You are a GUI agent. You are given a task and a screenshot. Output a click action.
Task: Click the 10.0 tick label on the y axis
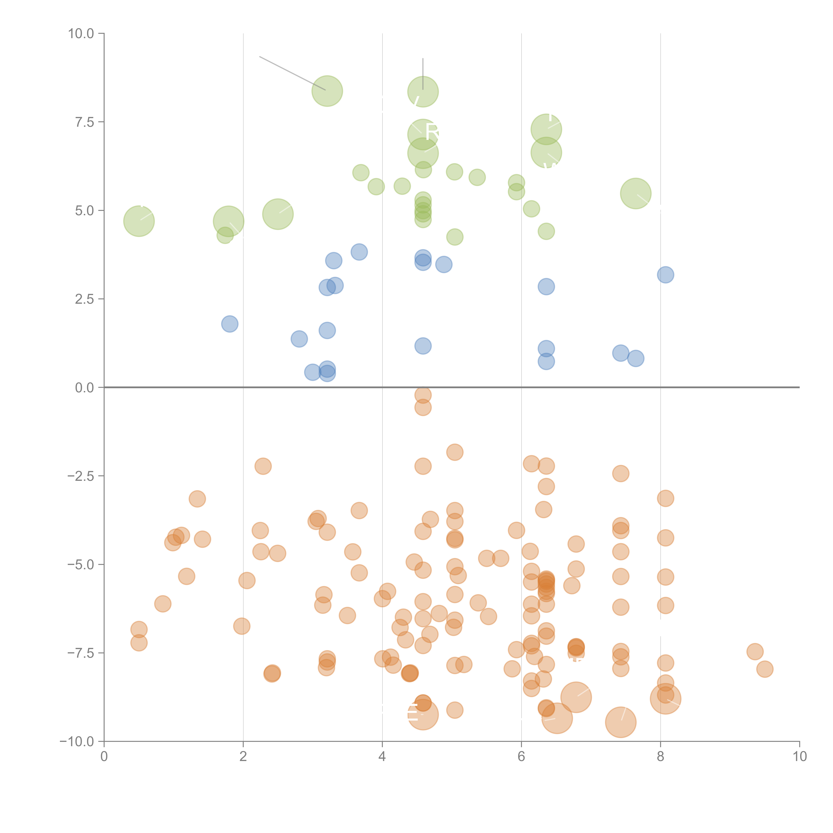point(81,34)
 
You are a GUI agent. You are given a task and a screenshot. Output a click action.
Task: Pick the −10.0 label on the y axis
point(78,742)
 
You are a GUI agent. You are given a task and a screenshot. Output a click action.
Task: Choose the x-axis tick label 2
point(243,757)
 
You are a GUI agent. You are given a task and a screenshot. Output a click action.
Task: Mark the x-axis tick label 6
point(521,757)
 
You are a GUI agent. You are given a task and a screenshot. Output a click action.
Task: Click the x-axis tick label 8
point(661,757)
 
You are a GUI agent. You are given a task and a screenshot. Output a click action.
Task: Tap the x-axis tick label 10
point(799,757)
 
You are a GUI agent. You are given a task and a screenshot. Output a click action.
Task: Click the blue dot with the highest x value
point(665,275)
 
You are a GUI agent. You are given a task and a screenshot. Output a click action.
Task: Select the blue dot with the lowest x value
point(230,324)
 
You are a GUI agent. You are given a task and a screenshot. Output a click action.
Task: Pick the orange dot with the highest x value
point(765,669)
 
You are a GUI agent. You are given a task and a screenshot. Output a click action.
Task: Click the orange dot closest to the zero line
point(423,395)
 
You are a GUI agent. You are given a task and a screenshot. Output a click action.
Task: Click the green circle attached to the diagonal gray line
point(327,91)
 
